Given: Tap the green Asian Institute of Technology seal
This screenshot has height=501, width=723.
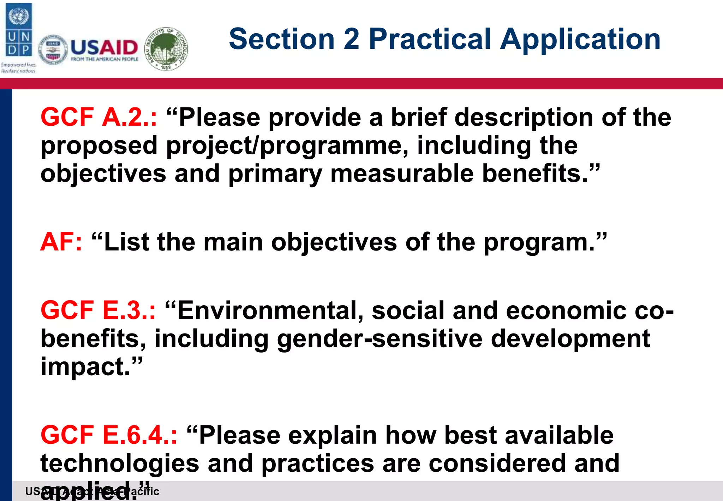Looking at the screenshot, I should pyautogui.click(x=166, y=48).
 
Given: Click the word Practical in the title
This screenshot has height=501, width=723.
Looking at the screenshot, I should pyautogui.click(x=430, y=40).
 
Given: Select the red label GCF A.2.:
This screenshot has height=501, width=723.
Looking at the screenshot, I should pyautogui.click(x=99, y=117).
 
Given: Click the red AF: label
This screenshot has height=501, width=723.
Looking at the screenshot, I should pyautogui.click(x=61, y=242).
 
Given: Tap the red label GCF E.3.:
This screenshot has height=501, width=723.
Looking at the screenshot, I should pyautogui.click(x=98, y=311).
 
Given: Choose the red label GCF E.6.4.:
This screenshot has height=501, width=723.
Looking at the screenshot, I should pyautogui.click(x=109, y=435).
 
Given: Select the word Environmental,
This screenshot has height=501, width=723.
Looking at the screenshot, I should pyautogui.click(x=270, y=311).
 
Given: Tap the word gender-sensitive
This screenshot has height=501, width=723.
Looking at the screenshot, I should pyautogui.click(x=380, y=338).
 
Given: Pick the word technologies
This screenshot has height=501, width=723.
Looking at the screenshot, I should pyautogui.click(x=120, y=463).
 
